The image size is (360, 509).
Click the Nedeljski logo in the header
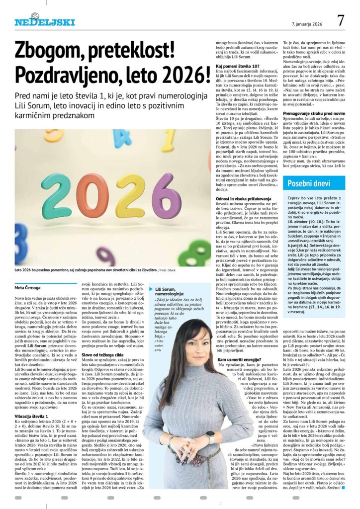click(45, 21)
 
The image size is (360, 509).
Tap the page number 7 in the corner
click(341, 20)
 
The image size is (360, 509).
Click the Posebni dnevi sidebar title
click(308, 184)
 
